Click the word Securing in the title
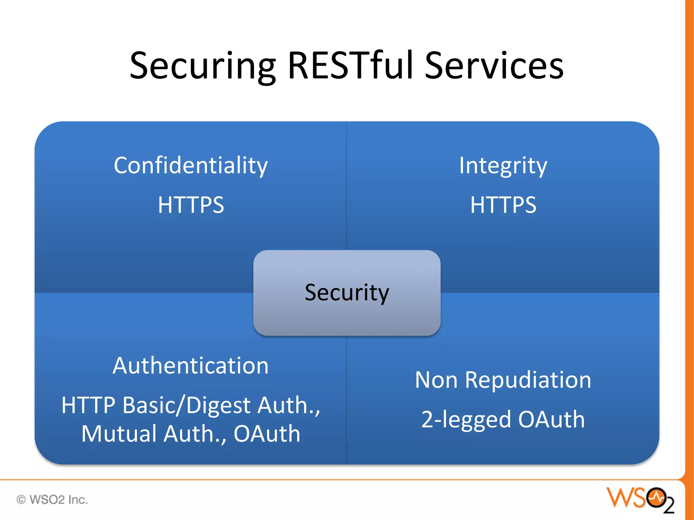203,66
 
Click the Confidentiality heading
191,166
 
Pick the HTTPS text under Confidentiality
191,205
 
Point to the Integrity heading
503,166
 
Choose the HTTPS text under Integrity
503,205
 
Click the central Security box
347,293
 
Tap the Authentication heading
191,366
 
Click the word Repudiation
528,380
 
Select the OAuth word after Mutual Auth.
267,434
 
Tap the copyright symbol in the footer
21,500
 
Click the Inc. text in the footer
78,500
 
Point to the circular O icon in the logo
656,497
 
